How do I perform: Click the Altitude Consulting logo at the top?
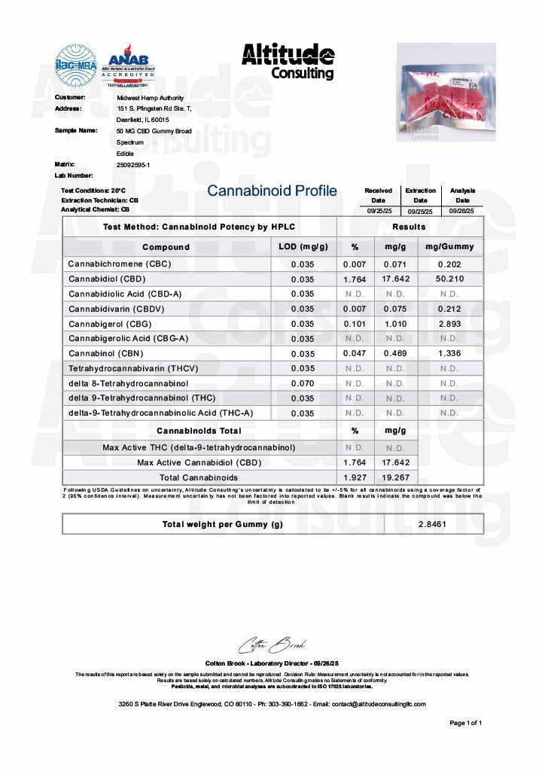[x=288, y=60]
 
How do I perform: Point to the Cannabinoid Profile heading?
[x=272, y=191]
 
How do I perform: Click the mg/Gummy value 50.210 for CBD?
[x=449, y=279]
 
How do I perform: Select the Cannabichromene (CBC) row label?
[x=120, y=264]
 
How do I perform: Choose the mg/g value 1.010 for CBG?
[x=395, y=324]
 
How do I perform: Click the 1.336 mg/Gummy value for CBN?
[x=449, y=353]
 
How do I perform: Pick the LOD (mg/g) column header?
[x=301, y=247]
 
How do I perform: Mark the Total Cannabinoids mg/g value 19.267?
[x=395, y=477]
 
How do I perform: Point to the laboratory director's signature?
[x=271, y=645]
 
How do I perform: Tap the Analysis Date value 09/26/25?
[x=462, y=212]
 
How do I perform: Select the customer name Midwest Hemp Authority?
[x=150, y=98]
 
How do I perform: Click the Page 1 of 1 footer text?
[x=465, y=723]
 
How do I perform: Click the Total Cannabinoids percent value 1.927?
[x=355, y=477]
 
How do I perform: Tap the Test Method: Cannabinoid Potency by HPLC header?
[x=199, y=227]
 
